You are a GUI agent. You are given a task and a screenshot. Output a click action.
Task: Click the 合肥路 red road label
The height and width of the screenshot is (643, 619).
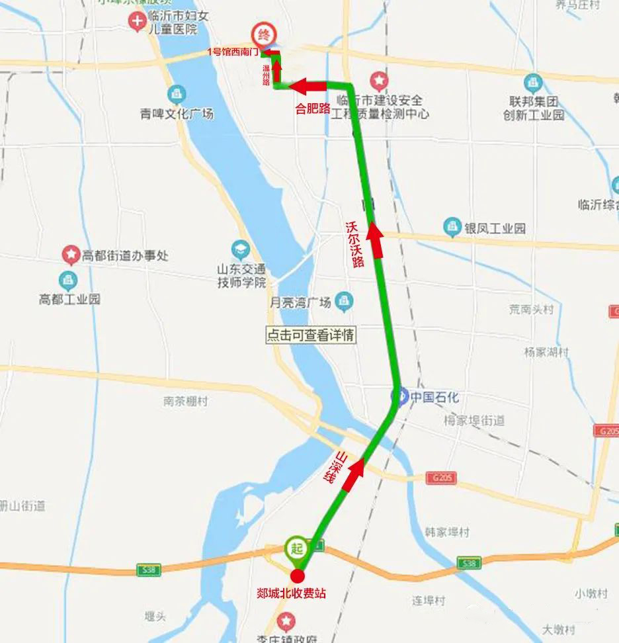coord(313,108)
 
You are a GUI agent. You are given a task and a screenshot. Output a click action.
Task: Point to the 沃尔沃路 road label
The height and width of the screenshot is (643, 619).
coord(355,243)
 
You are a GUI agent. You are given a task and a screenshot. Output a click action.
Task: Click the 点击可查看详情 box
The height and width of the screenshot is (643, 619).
coord(310,335)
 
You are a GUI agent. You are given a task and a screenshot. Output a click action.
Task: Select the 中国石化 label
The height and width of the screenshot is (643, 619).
coord(434,397)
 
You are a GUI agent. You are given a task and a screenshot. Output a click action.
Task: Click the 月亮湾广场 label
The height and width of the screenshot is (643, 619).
coord(299,302)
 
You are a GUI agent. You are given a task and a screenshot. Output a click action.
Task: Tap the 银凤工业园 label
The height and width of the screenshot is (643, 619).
coord(495,228)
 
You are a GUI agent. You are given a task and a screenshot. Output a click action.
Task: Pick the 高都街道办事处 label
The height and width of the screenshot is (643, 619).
coord(124,255)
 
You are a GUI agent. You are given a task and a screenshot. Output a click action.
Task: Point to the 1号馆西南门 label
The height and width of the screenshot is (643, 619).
coord(231,51)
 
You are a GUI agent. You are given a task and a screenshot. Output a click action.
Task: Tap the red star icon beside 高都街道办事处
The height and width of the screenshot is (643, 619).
coord(71,253)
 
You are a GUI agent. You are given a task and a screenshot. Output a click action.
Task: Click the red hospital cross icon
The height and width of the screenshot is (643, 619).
coord(137,22)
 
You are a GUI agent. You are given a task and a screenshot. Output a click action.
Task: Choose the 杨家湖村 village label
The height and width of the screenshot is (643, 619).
coord(546,353)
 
